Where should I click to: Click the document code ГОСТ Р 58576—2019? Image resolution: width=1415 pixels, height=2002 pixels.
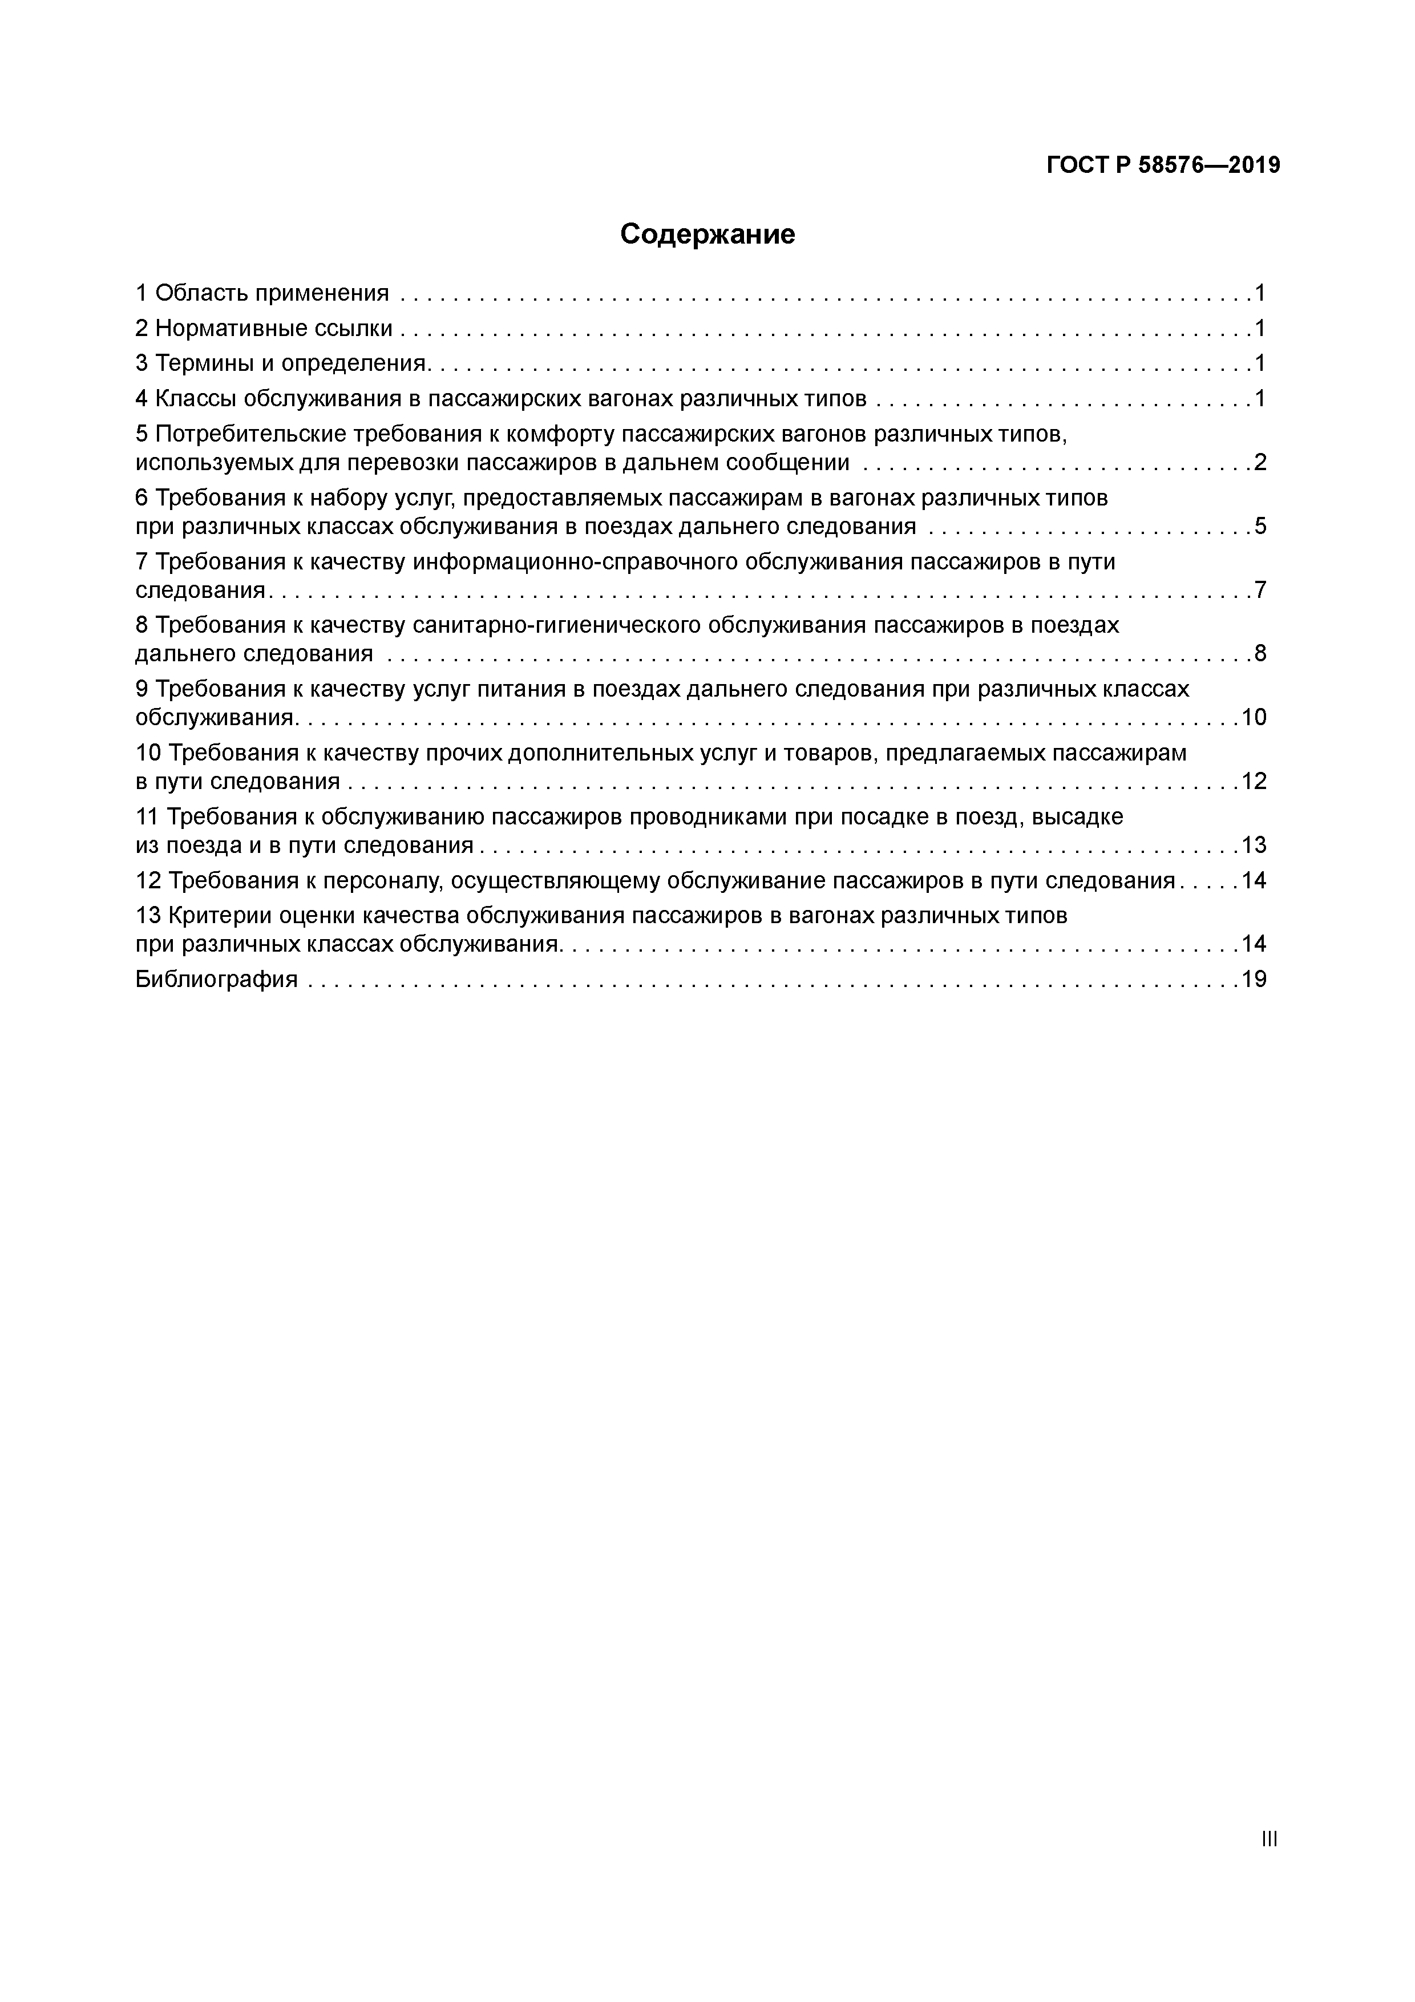tap(1163, 165)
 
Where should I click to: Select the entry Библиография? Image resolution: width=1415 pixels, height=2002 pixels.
tap(216, 979)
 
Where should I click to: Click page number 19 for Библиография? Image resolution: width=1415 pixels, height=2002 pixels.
tap(1254, 979)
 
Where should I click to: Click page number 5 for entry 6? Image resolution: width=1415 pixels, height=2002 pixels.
tap(1260, 526)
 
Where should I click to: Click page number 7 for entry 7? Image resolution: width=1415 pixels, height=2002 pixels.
tap(1260, 591)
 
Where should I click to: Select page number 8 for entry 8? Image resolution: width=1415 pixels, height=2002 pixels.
tap(1260, 653)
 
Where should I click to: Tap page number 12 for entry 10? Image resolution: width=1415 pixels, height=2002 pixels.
tap(1254, 780)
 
